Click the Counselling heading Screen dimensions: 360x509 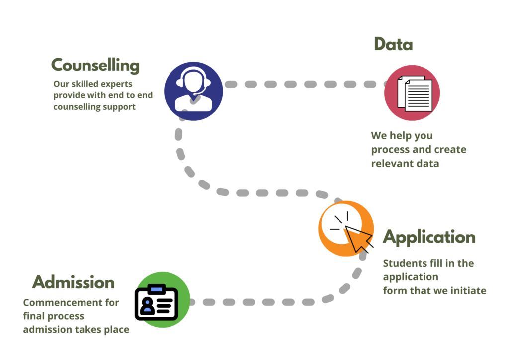95,65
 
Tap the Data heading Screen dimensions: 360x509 393,45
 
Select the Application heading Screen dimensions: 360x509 429,237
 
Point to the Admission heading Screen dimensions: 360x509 74,283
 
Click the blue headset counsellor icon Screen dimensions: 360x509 193,90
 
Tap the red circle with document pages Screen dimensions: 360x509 412,93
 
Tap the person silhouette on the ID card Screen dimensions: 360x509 147,305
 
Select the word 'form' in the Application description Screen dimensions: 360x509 394,291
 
